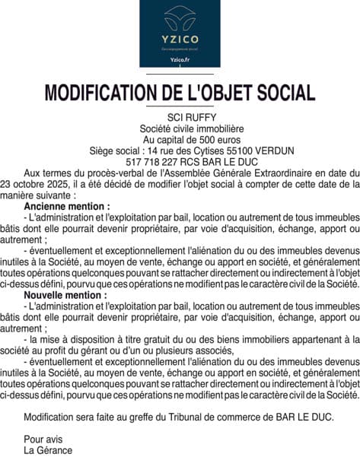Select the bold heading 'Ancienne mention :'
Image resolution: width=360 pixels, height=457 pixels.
[x=67, y=206]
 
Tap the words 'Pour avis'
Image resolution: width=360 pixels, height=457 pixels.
[x=43, y=439]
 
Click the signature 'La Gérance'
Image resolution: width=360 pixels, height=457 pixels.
[x=48, y=449]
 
